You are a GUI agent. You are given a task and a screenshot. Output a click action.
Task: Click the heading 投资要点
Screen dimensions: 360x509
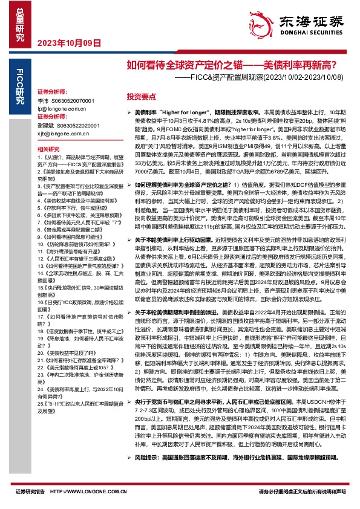tap(141, 96)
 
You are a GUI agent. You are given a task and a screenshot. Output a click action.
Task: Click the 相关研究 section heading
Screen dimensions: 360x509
tap(48, 149)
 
